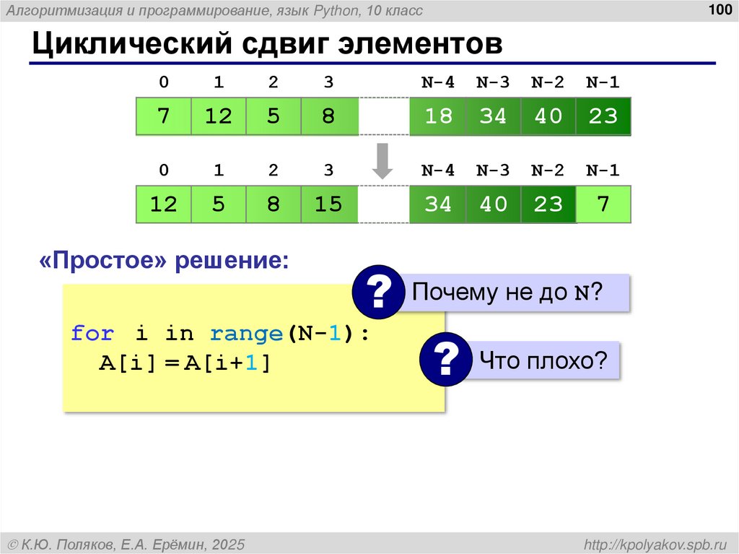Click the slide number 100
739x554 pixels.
720,10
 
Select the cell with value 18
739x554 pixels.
437,116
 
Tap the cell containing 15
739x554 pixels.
328,204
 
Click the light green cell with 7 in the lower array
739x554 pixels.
603,204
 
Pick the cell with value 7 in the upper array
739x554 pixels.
164,116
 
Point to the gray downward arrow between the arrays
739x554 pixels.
382,160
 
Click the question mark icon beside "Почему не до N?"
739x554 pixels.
377,292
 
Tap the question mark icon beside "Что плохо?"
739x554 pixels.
445,358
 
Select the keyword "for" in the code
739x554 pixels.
92,334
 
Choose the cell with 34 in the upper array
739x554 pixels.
493,116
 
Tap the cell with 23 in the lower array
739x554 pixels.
548,204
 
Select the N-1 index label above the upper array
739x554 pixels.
603,82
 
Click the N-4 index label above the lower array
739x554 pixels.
437,171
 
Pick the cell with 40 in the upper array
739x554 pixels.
548,116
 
